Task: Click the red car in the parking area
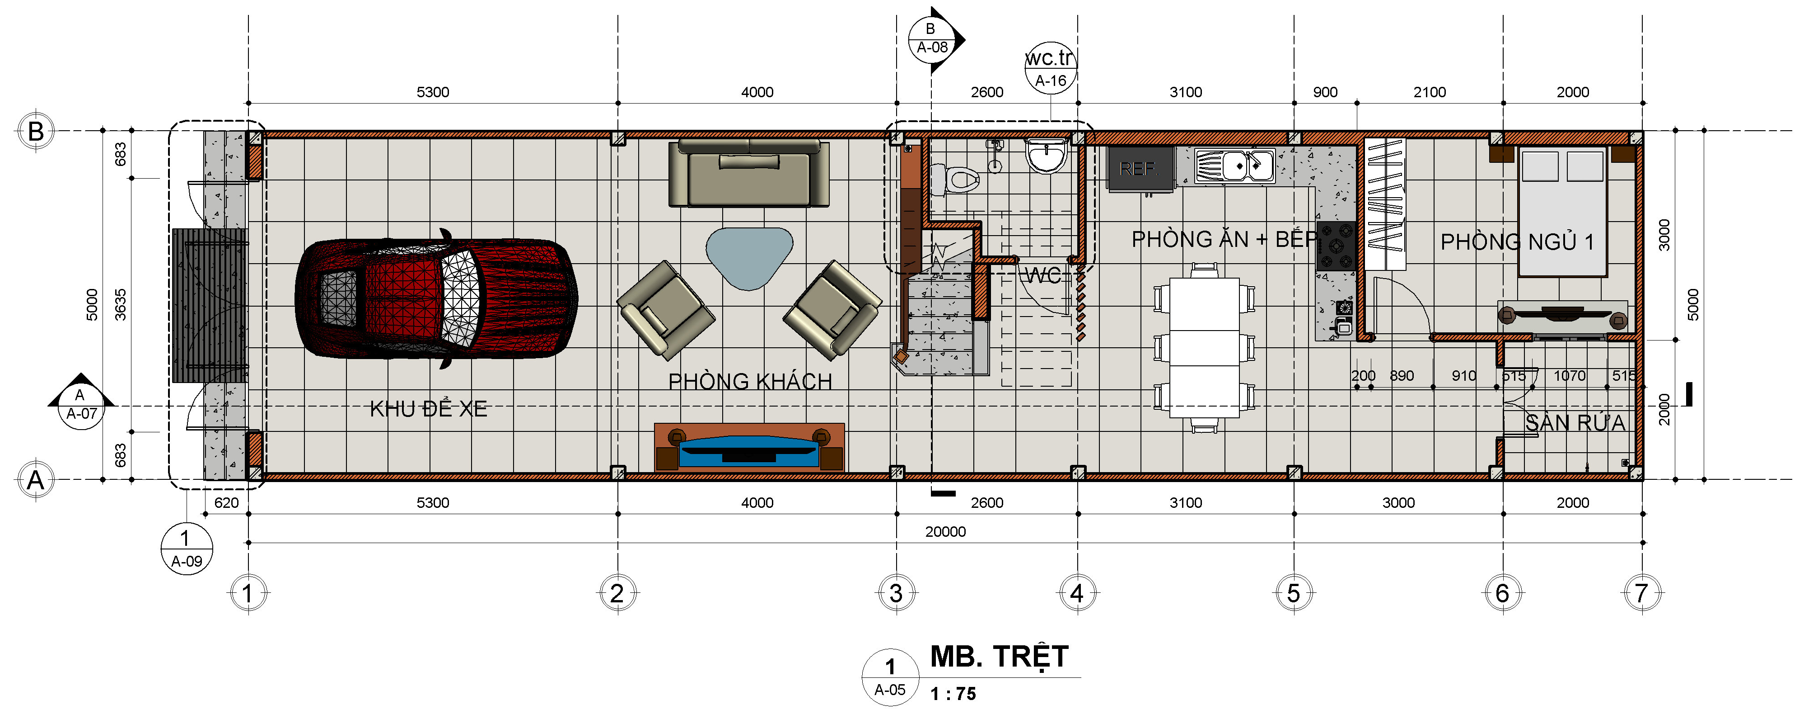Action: pyautogui.click(x=436, y=299)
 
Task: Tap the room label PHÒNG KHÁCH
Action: pyautogui.click(x=750, y=381)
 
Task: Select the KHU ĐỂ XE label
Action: pyautogui.click(x=428, y=408)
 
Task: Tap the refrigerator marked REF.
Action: pyautogui.click(x=1140, y=169)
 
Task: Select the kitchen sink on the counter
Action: pyautogui.click(x=1234, y=166)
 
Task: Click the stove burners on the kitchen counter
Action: pyautogui.click(x=1336, y=246)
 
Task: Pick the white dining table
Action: pyautogui.click(x=1205, y=347)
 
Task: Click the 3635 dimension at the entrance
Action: pyautogui.click(x=121, y=304)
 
